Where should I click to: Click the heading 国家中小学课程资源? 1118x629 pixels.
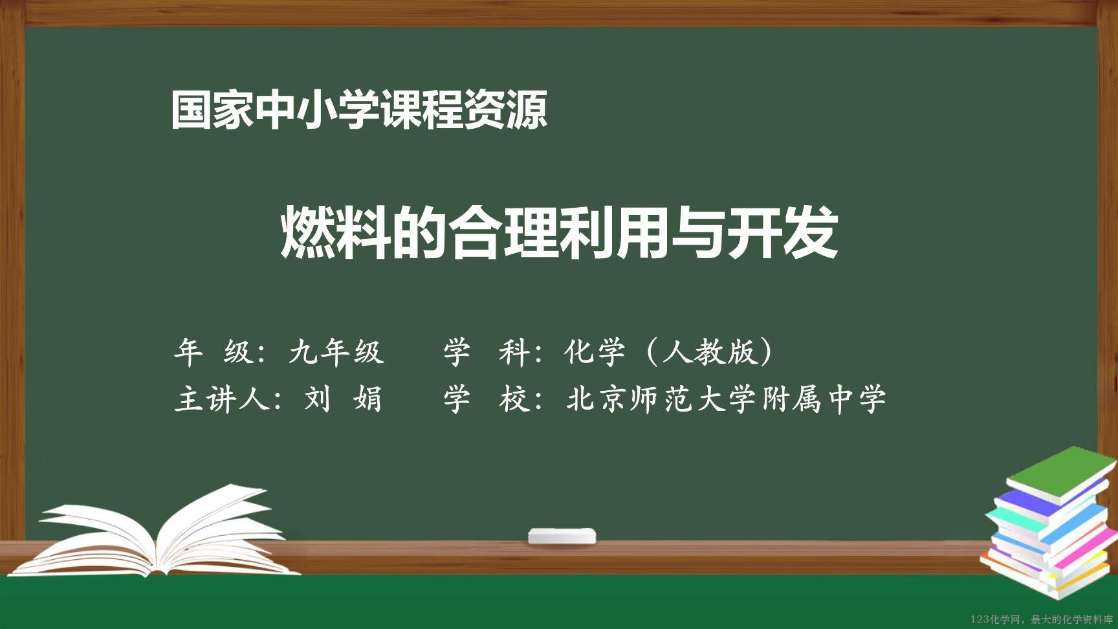click(x=359, y=109)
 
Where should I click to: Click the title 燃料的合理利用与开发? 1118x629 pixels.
click(x=559, y=232)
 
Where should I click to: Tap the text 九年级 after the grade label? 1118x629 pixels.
click(x=336, y=352)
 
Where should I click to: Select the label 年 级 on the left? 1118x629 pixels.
click(x=213, y=352)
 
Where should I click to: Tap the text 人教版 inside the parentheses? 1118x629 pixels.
click(x=708, y=352)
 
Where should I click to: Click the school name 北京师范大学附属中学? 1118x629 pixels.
click(x=726, y=398)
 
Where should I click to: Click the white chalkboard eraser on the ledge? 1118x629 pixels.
click(x=562, y=536)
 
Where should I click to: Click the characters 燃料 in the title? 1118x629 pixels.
click(x=335, y=232)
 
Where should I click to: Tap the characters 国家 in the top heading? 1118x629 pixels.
click(x=212, y=109)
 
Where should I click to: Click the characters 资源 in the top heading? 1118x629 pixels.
click(x=507, y=109)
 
